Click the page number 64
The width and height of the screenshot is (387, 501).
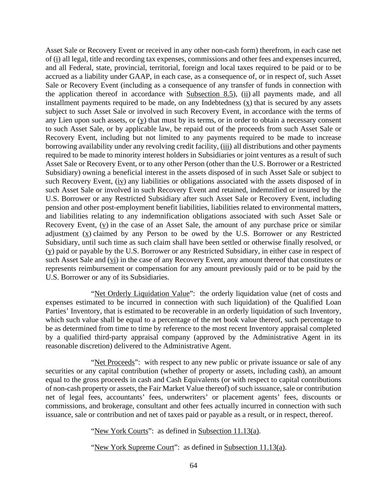pos(193,465)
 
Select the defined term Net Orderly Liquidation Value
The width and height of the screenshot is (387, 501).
pos(142,294)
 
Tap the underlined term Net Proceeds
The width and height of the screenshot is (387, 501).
pos(114,362)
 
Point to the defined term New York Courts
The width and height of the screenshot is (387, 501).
pos(121,431)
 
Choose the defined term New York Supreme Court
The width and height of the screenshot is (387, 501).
pos(134,447)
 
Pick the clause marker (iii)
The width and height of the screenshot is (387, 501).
pos(226,146)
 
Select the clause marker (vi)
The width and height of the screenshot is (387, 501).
pos(112,260)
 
